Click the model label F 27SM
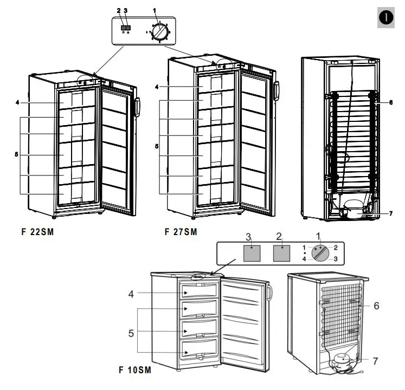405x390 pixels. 181,232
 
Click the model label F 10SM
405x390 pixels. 134,371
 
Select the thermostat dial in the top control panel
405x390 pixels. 159,32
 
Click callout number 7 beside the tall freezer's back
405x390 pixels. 390,213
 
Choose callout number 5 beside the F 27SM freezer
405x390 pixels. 156,146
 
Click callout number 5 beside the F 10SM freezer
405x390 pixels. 131,333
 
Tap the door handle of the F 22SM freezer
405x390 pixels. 137,108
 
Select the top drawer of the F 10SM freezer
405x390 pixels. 201,292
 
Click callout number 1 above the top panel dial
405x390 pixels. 156,10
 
